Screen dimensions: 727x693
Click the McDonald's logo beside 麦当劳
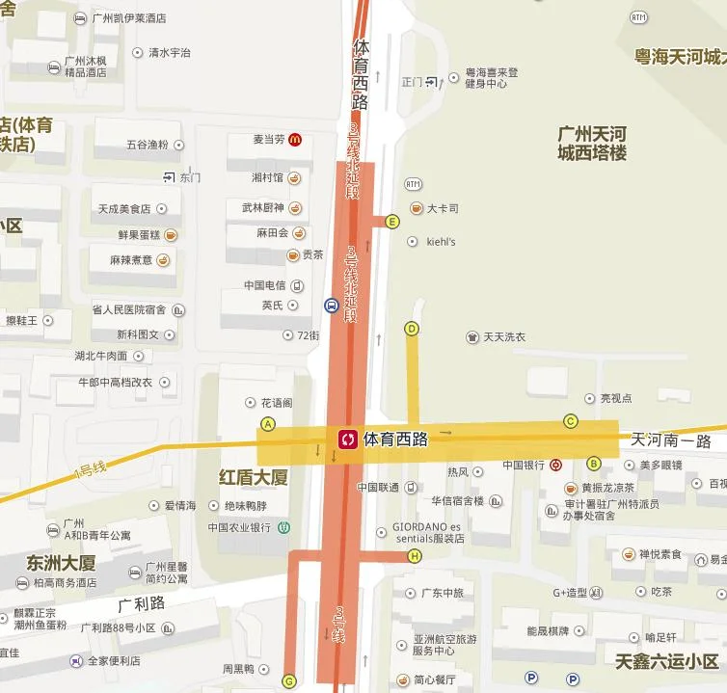295,140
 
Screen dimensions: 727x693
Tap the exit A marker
268,424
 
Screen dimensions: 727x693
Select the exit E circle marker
391,222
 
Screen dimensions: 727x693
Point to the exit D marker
412,329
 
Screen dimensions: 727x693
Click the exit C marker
571,420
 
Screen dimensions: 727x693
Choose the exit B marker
594,464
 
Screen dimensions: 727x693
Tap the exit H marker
416,556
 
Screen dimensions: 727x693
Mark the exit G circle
288,681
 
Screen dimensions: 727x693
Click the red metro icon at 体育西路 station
346,440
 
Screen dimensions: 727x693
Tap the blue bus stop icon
331,306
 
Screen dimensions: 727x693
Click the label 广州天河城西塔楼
592,142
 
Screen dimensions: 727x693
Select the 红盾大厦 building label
254,477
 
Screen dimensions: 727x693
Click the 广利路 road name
142,604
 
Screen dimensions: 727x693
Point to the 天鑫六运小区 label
667,661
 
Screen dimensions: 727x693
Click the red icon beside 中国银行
556,465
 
